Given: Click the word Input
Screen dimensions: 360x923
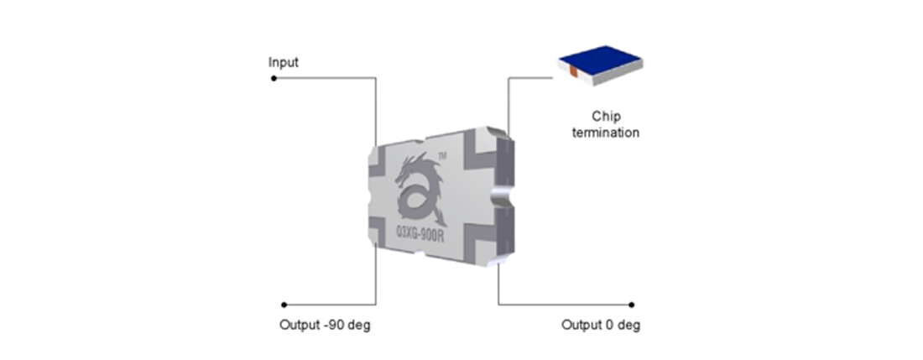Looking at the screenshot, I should (x=283, y=63).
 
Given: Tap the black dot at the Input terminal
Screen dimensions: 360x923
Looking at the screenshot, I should (x=274, y=79).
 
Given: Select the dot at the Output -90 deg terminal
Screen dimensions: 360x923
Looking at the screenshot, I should (x=284, y=305).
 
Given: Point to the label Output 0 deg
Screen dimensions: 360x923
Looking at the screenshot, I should (x=601, y=325).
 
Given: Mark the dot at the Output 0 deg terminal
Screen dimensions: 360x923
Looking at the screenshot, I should (x=632, y=305).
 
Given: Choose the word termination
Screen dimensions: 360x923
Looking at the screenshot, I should (x=605, y=133).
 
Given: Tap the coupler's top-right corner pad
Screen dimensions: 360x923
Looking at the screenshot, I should (x=483, y=143).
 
